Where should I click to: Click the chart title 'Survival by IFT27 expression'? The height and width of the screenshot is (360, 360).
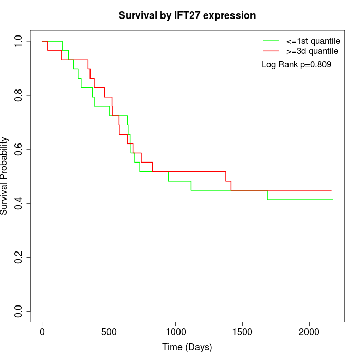point(187,15)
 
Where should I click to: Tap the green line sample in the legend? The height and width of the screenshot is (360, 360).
point(271,40)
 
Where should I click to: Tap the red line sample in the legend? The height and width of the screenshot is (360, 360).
point(271,51)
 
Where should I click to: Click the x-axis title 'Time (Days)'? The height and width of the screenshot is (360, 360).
point(187,347)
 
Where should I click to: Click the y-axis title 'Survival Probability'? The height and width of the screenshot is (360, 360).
point(5,176)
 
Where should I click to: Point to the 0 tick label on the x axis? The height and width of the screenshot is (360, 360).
point(42,332)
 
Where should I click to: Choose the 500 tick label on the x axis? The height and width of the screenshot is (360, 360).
point(109,332)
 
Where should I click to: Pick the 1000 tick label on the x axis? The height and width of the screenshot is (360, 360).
point(175,332)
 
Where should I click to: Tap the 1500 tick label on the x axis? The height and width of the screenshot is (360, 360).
point(242,332)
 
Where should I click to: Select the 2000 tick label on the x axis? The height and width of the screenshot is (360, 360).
point(309,332)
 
